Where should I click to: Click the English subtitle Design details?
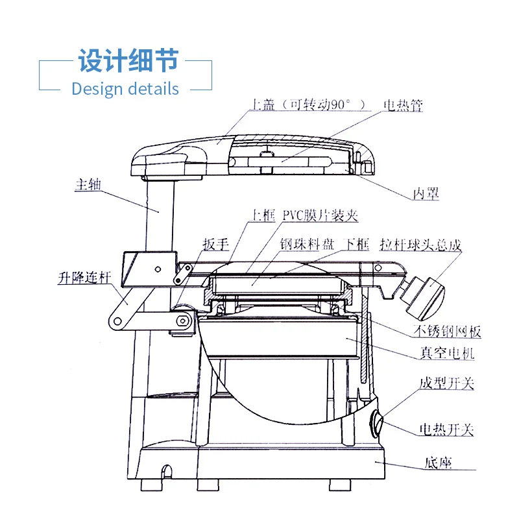[125, 88]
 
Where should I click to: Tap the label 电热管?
[403, 106]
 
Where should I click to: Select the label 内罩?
[426, 193]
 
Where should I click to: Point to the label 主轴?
[89, 184]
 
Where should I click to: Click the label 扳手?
[216, 245]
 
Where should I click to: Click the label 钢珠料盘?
[307, 245]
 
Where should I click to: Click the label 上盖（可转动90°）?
[308, 106]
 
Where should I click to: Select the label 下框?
[356, 245]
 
